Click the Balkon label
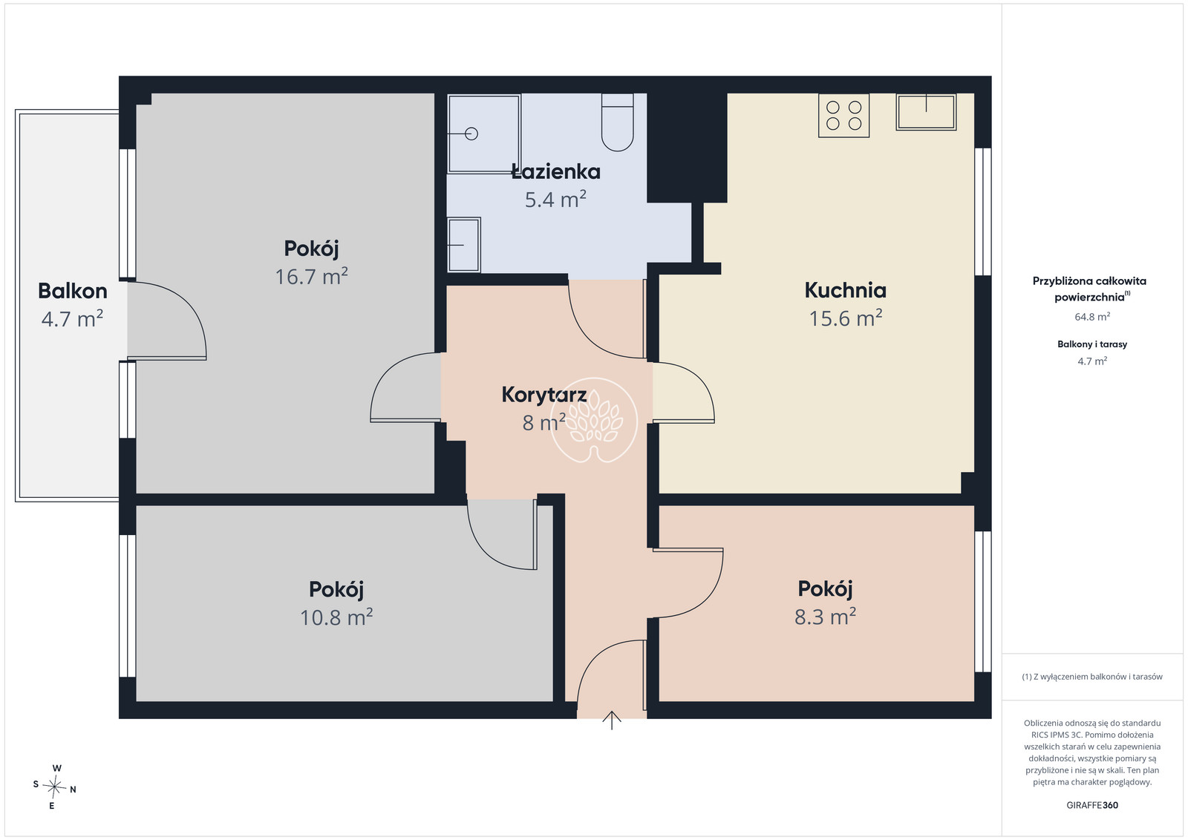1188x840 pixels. pyautogui.click(x=73, y=291)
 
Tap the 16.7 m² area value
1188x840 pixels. pyautogui.click(x=311, y=276)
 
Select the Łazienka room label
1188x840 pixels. pyautogui.click(x=556, y=171)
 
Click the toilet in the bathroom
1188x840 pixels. pyautogui.click(x=617, y=122)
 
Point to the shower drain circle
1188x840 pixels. pyautogui.click(x=471, y=134)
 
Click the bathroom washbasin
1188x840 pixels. pyautogui.click(x=464, y=245)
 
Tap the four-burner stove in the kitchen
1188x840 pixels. pyautogui.click(x=843, y=116)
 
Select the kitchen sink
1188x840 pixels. pyautogui.click(x=926, y=112)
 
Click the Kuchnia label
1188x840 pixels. pyautogui.click(x=846, y=290)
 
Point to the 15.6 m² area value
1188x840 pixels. pyautogui.click(x=846, y=318)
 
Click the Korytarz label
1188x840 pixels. pyautogui.click(x=544, y=395)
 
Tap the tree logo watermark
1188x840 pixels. pyautogui.click(x=593, y=420)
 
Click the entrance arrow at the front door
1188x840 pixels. pyautogui.click(x=612, y=721)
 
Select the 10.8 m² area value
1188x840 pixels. pyautogui.click(x=336, y=617)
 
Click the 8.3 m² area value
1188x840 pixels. pyautogui.click(x=825, y=617)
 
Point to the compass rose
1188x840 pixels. pyautogui.click(x=54, y=787)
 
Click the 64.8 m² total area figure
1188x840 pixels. pyautogui.click(x=1092, y=317)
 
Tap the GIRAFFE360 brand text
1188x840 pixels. pyautogui.click(x=1092, y=805)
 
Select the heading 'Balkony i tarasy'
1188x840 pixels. pyautogui.click(x=1092, y=344)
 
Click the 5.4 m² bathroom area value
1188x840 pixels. pyautogui.click(x=555, y=200)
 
